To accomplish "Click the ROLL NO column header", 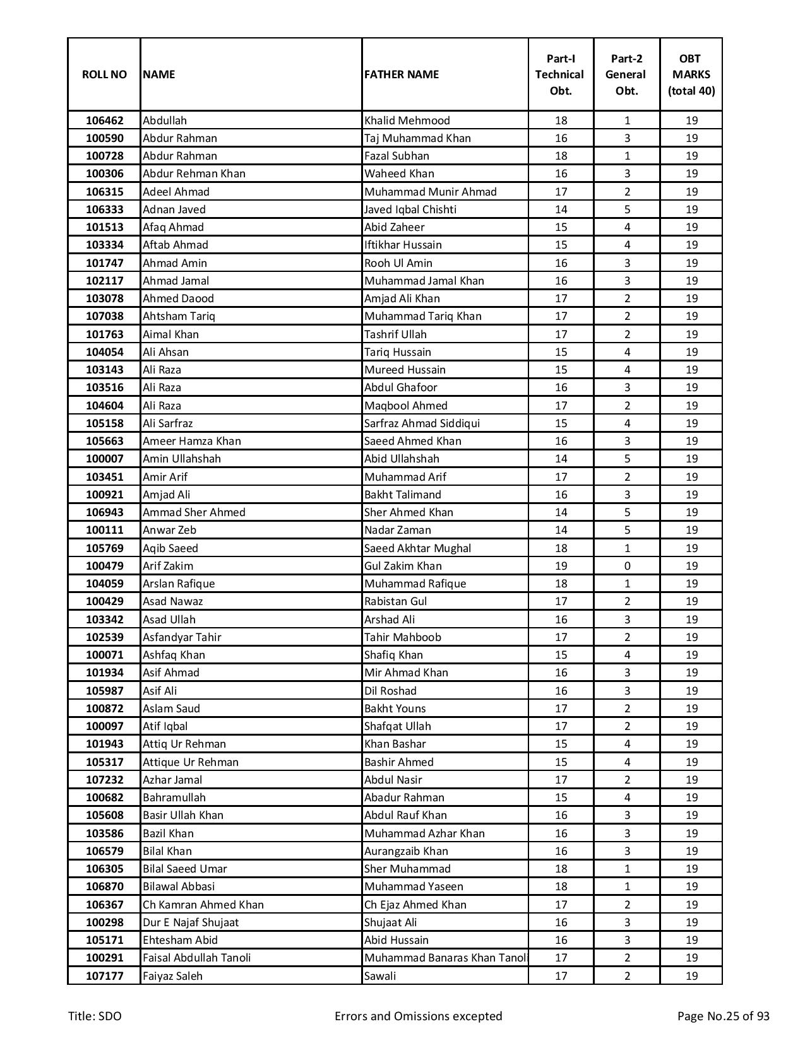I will [x=104, y=74].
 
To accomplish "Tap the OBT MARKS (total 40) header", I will [x=691, y=74].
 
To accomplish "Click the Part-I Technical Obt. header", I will [x=561, y=74].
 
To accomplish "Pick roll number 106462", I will [x=104, y=121].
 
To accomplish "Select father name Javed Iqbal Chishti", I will [x=410, y=209].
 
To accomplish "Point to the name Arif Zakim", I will [x=168, y=566].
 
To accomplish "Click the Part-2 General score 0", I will [x=627, y=566].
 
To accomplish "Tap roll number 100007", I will [x=104, y=459].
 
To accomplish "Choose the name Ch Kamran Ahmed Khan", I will [x=203, y=905].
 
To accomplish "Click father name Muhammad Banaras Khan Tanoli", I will [x=446, y=958].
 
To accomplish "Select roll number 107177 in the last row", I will [x=104, y=976].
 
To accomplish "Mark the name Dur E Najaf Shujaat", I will [x=191, y=922].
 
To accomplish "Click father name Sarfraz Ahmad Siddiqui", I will [x=422, y=423].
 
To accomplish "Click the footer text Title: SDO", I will [x=95, y=1016].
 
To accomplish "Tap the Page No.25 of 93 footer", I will [x=723, y=1016].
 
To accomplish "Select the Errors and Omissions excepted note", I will [x=418, y=1016].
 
